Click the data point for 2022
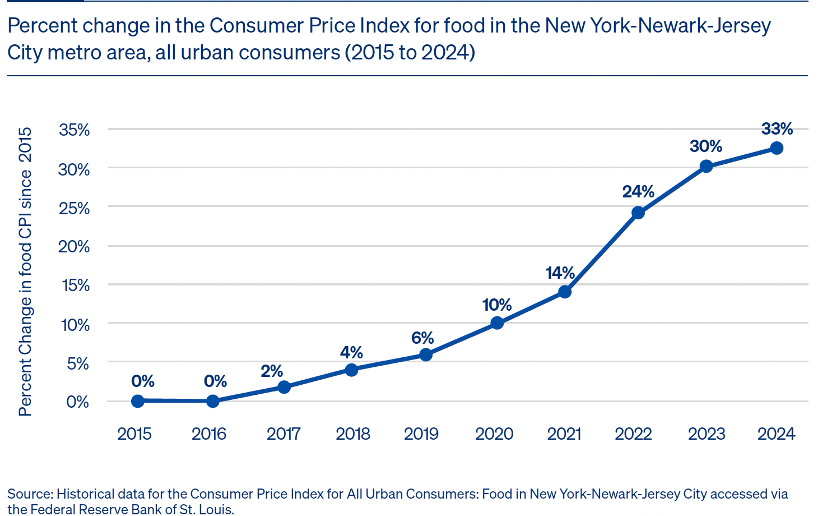coord(638,213)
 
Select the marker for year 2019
coord(426,354)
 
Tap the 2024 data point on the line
coord(777,148)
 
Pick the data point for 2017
coord(284,387)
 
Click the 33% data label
coord(777,129)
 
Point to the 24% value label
coord(638,192)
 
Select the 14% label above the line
coord(560,273)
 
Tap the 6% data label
coord(422,338)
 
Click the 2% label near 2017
coord(272,371)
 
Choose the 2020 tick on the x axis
coord(494,434)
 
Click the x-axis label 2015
coord(134,434)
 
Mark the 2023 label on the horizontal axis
coord(707,434)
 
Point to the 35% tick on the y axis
coord(75,130)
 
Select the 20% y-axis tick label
coord(74,247)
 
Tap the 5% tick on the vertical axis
coord(78,364)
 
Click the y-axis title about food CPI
coord(25,271)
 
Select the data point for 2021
coord(565,292)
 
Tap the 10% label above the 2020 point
coord(496,305)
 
